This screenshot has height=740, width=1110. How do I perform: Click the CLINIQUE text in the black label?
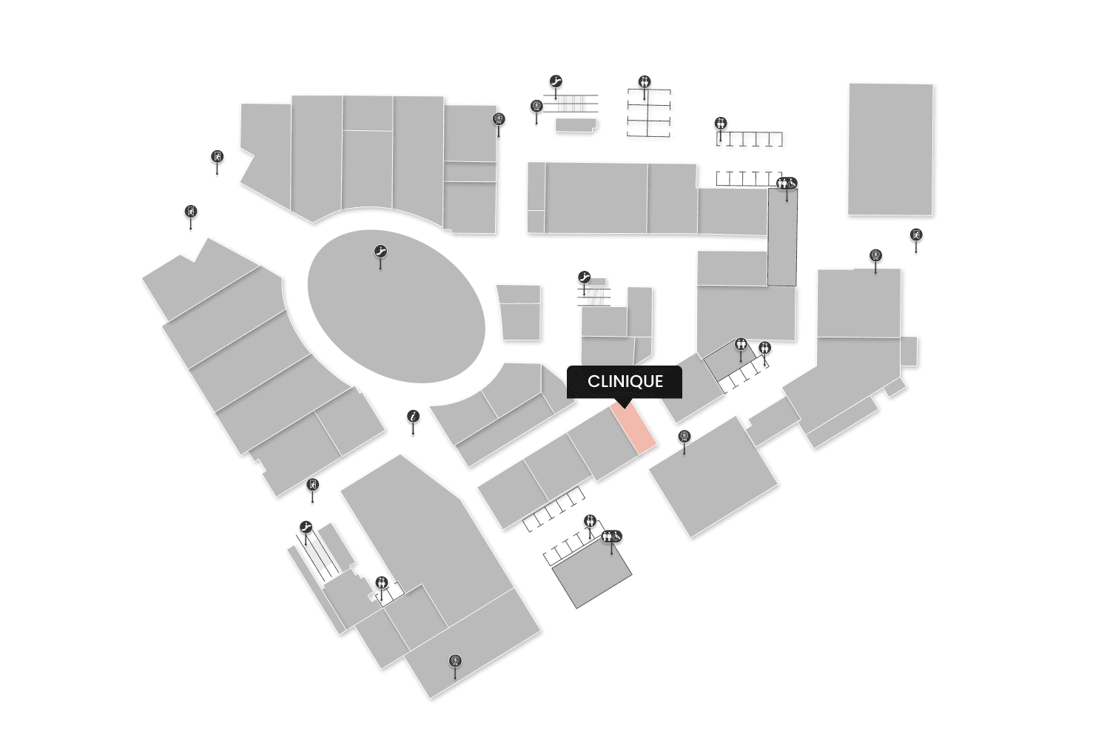point(625,382)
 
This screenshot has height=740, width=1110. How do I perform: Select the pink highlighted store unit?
point(634,428)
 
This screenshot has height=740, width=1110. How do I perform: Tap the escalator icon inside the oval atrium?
point(381,252)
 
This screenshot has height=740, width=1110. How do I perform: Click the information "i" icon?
point(414,417)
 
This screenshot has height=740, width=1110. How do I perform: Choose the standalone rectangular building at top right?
point(890,149)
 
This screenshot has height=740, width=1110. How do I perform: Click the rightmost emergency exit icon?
point(916,235)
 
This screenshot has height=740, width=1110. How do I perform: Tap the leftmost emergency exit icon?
point(191,212)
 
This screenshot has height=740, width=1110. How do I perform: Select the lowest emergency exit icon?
point(313,485)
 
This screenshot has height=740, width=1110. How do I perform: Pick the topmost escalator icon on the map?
point(556,81)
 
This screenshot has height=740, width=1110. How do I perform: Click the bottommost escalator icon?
point(306,527)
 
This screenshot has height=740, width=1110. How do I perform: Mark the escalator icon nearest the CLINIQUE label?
point(584,277)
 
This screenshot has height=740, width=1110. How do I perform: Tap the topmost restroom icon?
point(645,81)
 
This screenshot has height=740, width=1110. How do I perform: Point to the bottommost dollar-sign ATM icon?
point(455,661)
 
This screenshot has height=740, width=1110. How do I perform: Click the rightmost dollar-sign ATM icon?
point(875,256)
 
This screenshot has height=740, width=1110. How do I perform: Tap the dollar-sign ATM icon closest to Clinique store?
point(684,437)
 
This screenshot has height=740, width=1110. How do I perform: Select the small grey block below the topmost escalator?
point(575,126)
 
